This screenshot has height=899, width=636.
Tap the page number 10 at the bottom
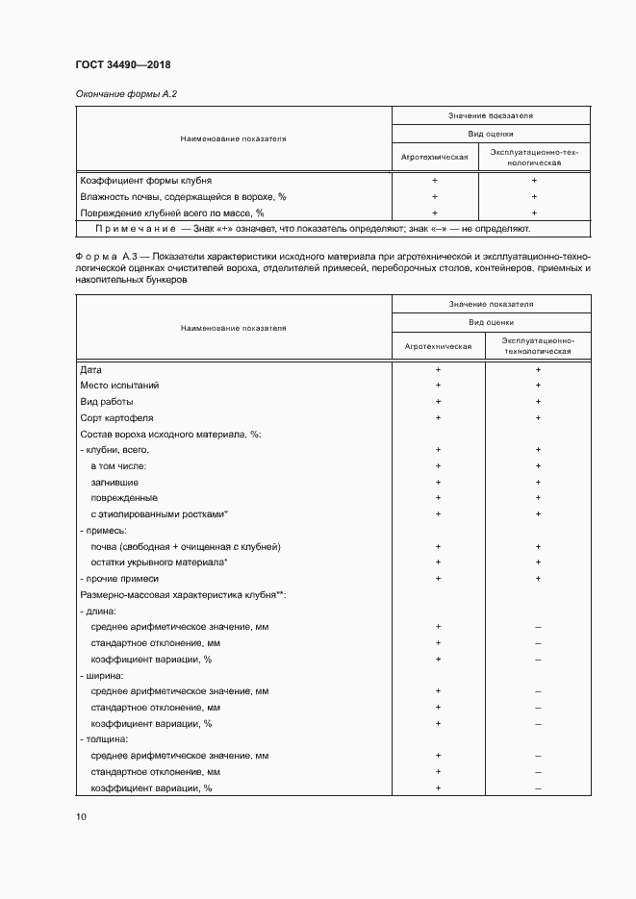click(81, 817)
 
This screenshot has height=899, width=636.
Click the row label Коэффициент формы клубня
click(146, 180)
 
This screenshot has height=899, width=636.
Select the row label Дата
click(90, 369)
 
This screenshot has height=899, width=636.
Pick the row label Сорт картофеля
click(116, 418)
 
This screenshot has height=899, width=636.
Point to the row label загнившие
click(114, 483)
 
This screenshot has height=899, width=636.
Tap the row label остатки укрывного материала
click(159, 562)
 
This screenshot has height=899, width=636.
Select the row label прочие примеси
click(119, 579)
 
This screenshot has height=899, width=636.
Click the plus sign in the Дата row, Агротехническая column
click(438, 369)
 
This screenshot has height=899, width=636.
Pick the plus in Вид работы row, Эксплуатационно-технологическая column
click(538, 402)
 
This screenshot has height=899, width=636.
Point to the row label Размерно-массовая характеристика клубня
click(181, 595)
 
